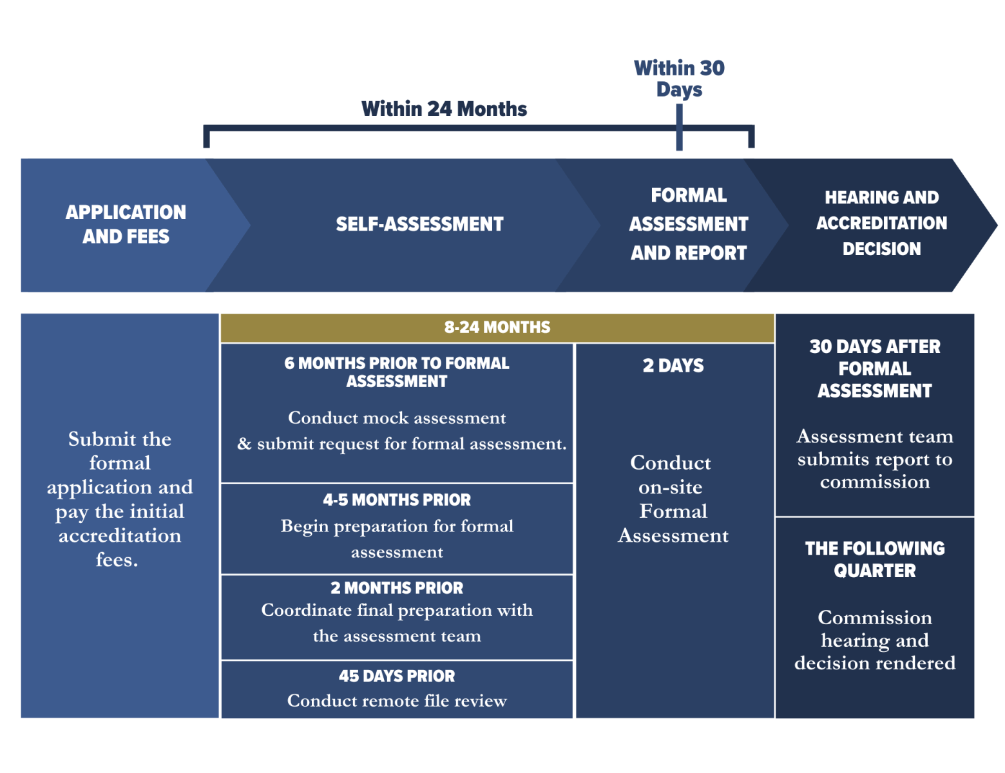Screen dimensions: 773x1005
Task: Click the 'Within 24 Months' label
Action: (444, 109)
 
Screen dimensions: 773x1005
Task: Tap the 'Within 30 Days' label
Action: (679, 78)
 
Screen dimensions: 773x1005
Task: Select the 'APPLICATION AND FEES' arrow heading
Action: (126, 224)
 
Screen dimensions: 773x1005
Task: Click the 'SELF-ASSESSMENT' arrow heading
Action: (419, 224)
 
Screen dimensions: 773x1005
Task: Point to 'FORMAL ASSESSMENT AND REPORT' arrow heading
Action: (688, 224)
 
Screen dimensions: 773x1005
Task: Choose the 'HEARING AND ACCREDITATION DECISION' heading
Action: (881, 223)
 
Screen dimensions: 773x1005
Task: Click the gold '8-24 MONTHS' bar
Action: (497, 327)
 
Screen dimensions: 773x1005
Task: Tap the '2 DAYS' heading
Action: (673, 366)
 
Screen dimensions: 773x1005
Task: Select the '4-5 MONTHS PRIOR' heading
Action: (397, 500)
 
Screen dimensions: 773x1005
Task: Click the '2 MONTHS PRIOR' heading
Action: (397, 588)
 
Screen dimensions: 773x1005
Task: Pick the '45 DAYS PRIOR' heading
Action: (397, 676)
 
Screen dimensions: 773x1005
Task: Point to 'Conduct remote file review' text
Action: (397, 701)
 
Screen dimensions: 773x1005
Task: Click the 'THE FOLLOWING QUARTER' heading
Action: (875, 559)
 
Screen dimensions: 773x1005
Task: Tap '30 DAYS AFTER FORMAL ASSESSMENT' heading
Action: (875, 368)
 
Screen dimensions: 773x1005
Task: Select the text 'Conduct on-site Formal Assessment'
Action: (673, 499)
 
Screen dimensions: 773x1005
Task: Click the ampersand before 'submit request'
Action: (244, 444)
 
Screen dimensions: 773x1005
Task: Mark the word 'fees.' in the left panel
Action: (117, 560)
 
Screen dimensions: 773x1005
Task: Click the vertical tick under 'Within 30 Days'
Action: (679, 128)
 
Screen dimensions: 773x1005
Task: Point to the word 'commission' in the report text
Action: (875, 482)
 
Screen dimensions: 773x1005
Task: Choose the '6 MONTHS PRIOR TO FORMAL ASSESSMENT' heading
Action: (397, 372)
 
